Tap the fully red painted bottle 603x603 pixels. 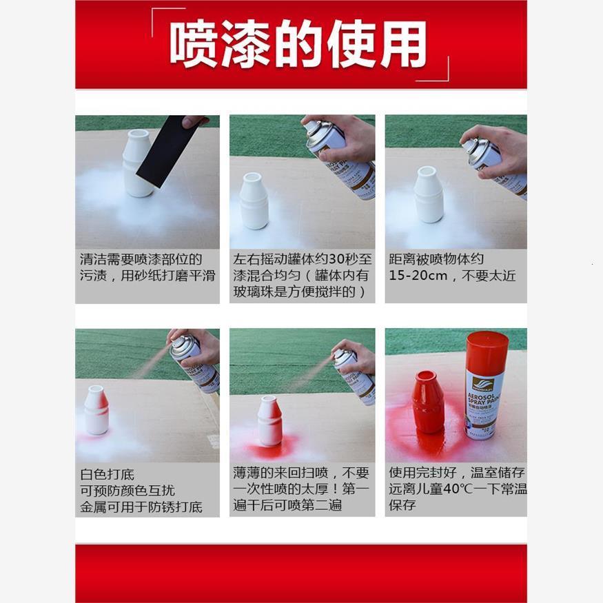pyautogui.click(x=428, y=401)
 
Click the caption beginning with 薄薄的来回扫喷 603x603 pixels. pyautogui.click(x=302, y=489)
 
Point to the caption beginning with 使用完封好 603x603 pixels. pyautogui.click(x=456, y=489)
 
